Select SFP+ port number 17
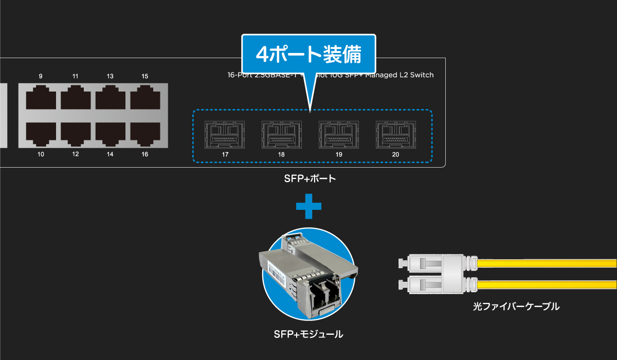(x=225, y=135)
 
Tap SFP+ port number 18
(x=281, y=135)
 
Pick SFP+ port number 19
(x=338, y=135)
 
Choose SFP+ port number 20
(x=395, y=135)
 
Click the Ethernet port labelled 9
(x=41, y=98)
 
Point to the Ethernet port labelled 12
(x=76, y=133)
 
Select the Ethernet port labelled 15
(x=145, y=98)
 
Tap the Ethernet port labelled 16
(x=145, y=133)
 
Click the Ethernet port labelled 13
(x=110, y=98)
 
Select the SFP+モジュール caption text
(x=308, y=335)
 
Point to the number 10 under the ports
(x=41, y=154)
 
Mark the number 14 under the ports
(x=110, y=154)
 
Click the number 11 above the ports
(x=76, y=77)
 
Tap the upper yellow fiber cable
(x=545, y=264)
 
